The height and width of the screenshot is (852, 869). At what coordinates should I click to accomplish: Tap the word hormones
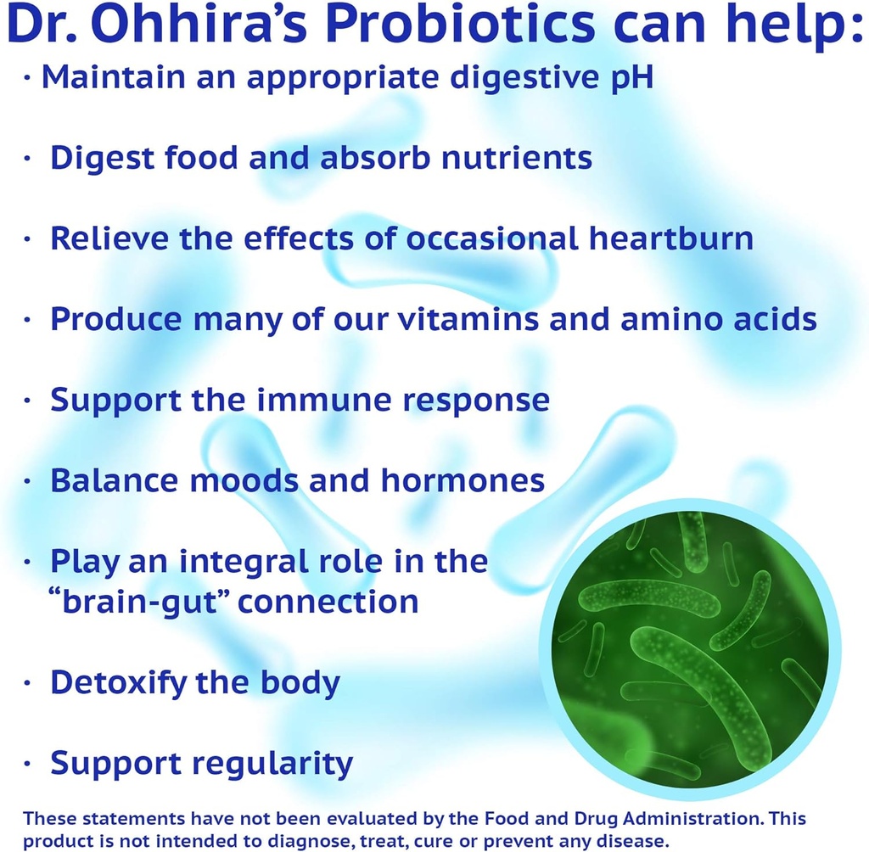pos(463,480)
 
